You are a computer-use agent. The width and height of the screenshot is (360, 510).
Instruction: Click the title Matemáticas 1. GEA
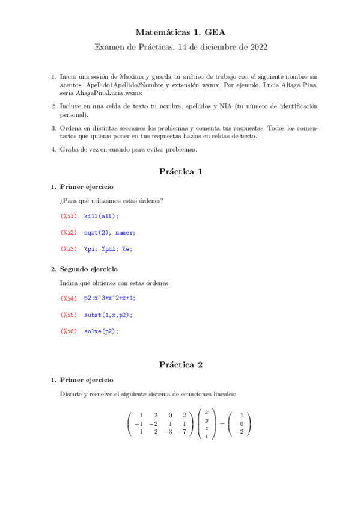click(180, 32)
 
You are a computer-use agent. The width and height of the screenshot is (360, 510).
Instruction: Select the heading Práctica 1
click(180, 171)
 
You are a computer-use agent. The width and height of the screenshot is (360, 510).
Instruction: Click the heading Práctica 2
click(180, 364)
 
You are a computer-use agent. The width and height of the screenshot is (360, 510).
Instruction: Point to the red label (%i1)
click(69, 216)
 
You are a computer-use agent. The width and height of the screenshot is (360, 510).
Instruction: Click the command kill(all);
click(102, 216)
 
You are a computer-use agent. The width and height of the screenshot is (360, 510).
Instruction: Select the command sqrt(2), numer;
click(110, 232)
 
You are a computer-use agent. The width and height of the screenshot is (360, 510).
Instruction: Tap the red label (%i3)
click(69, 248)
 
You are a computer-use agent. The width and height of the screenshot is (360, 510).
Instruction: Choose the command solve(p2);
click(102, 330)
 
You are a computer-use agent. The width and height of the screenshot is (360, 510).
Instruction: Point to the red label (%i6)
click(69, 330)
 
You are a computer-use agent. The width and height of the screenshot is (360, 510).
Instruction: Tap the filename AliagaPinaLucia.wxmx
click(114, 93)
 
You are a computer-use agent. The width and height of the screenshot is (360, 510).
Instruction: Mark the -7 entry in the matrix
click(181, 431)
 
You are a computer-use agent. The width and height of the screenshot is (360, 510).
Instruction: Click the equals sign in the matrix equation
click(219, 424)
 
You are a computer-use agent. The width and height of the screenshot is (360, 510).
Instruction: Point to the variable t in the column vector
click(206, 436)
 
